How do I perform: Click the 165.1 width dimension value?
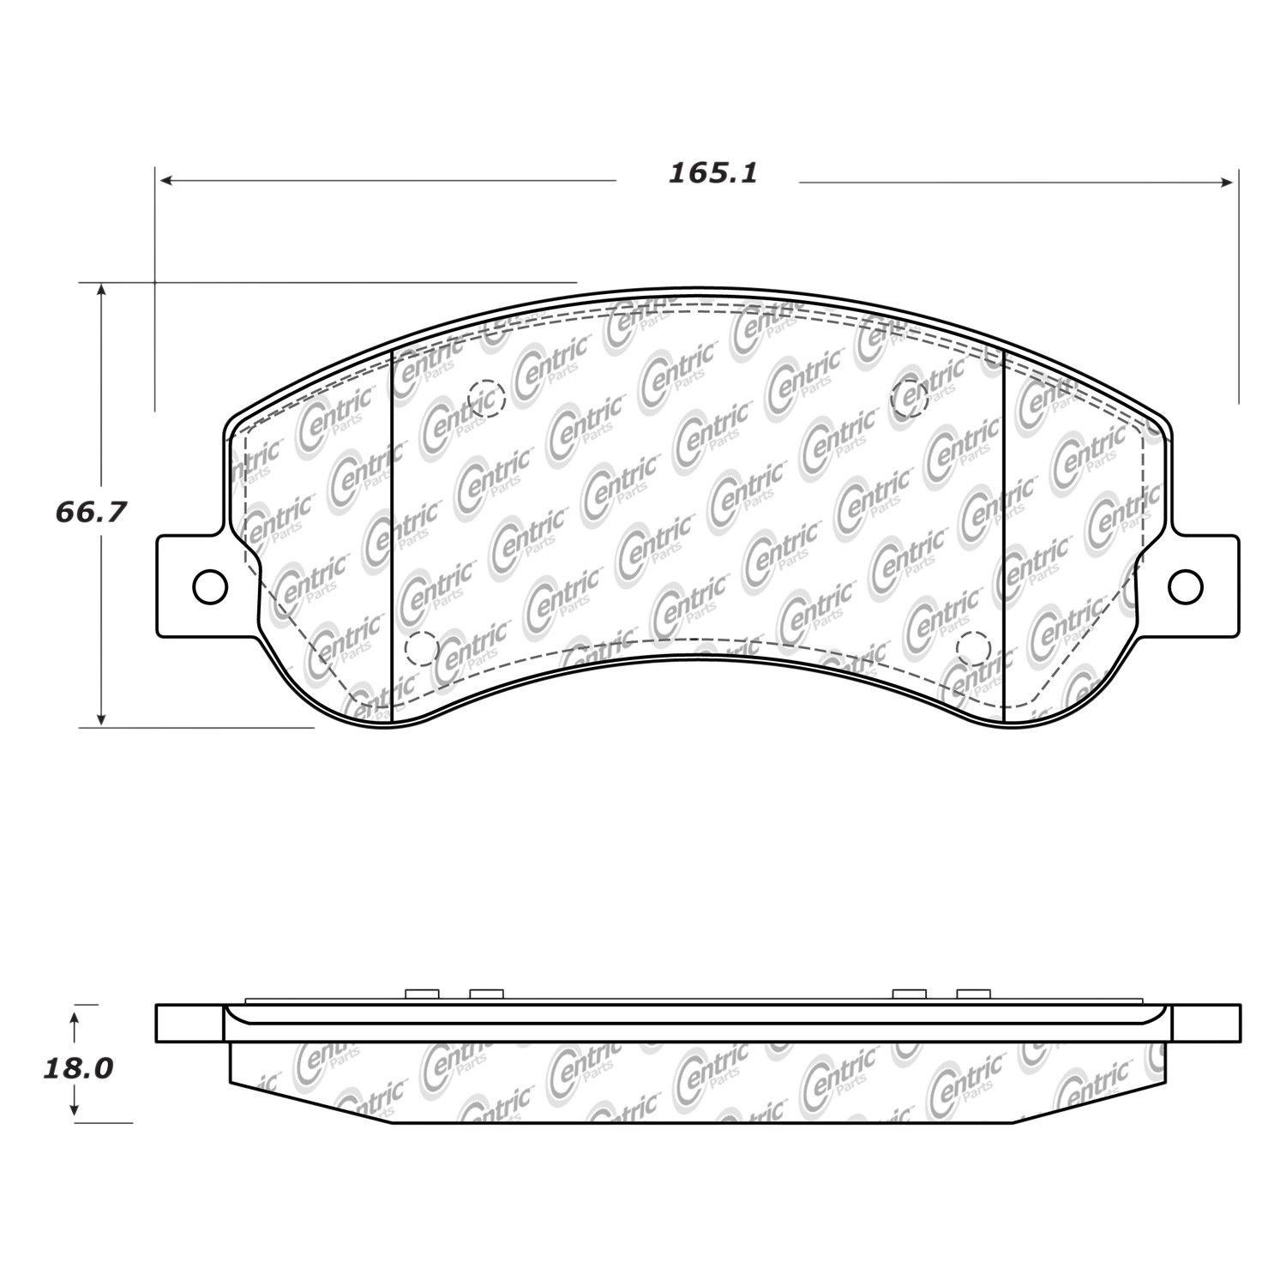pos(713,174)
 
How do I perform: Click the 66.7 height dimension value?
pos(91,512)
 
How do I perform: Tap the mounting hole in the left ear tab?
pos(210,586)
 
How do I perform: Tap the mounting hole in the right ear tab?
pos(1186,586)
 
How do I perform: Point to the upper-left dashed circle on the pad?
pos(488,398)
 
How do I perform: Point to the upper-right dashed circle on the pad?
pos(910,397)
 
